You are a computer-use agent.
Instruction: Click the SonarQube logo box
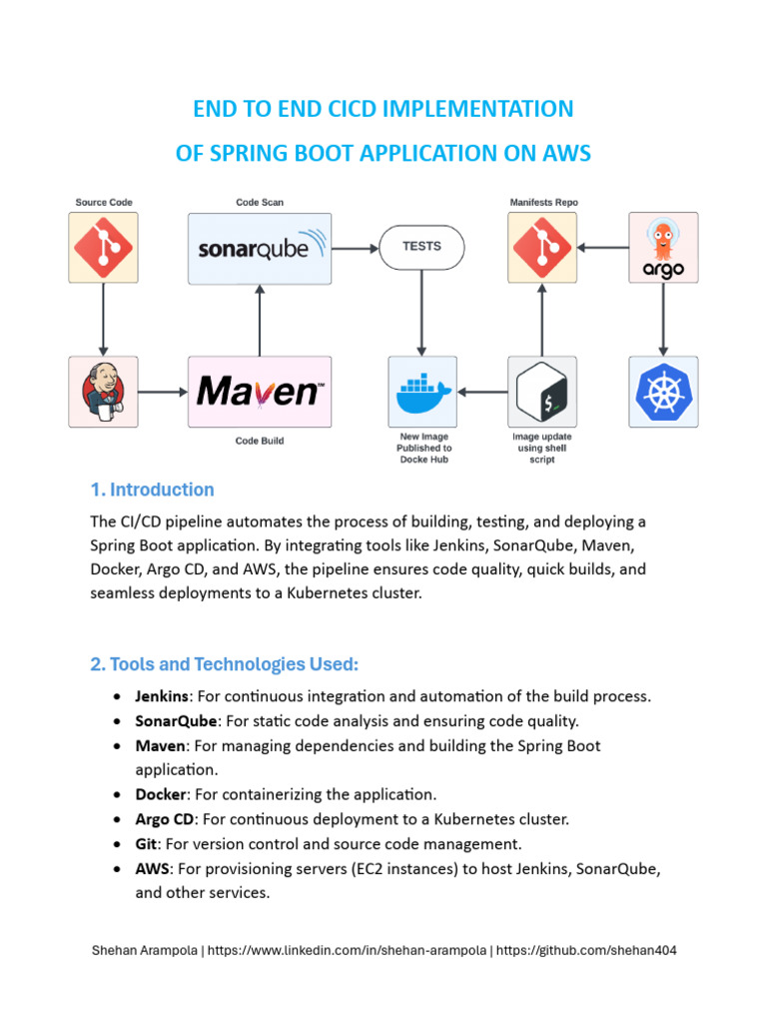[x=260, y=247]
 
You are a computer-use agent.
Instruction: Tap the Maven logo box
[x=260, y=392]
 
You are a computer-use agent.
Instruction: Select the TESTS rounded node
[x=421, y=246]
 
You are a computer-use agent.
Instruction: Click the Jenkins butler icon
[x=104, y=392]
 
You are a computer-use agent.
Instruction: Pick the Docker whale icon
[x=421, y=392]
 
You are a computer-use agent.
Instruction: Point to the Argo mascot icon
[x=663, y=247]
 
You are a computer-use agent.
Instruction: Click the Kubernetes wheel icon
[x=663, y=392]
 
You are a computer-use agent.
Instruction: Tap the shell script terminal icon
[x=542, y=392]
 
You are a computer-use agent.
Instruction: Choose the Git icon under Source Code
[x=104, y=247]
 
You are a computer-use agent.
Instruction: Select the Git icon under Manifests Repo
[x=542, y=247]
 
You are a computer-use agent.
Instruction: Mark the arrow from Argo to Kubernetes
[x=663, y=319]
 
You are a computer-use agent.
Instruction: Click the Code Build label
[x=260, y=441]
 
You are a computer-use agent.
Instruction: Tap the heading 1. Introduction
[x=152, y=490]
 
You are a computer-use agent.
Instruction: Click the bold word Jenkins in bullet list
[x=162, y=695]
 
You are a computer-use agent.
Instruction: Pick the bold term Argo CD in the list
[x=165, y=819]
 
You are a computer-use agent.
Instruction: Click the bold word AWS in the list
[x=152, y=869]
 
